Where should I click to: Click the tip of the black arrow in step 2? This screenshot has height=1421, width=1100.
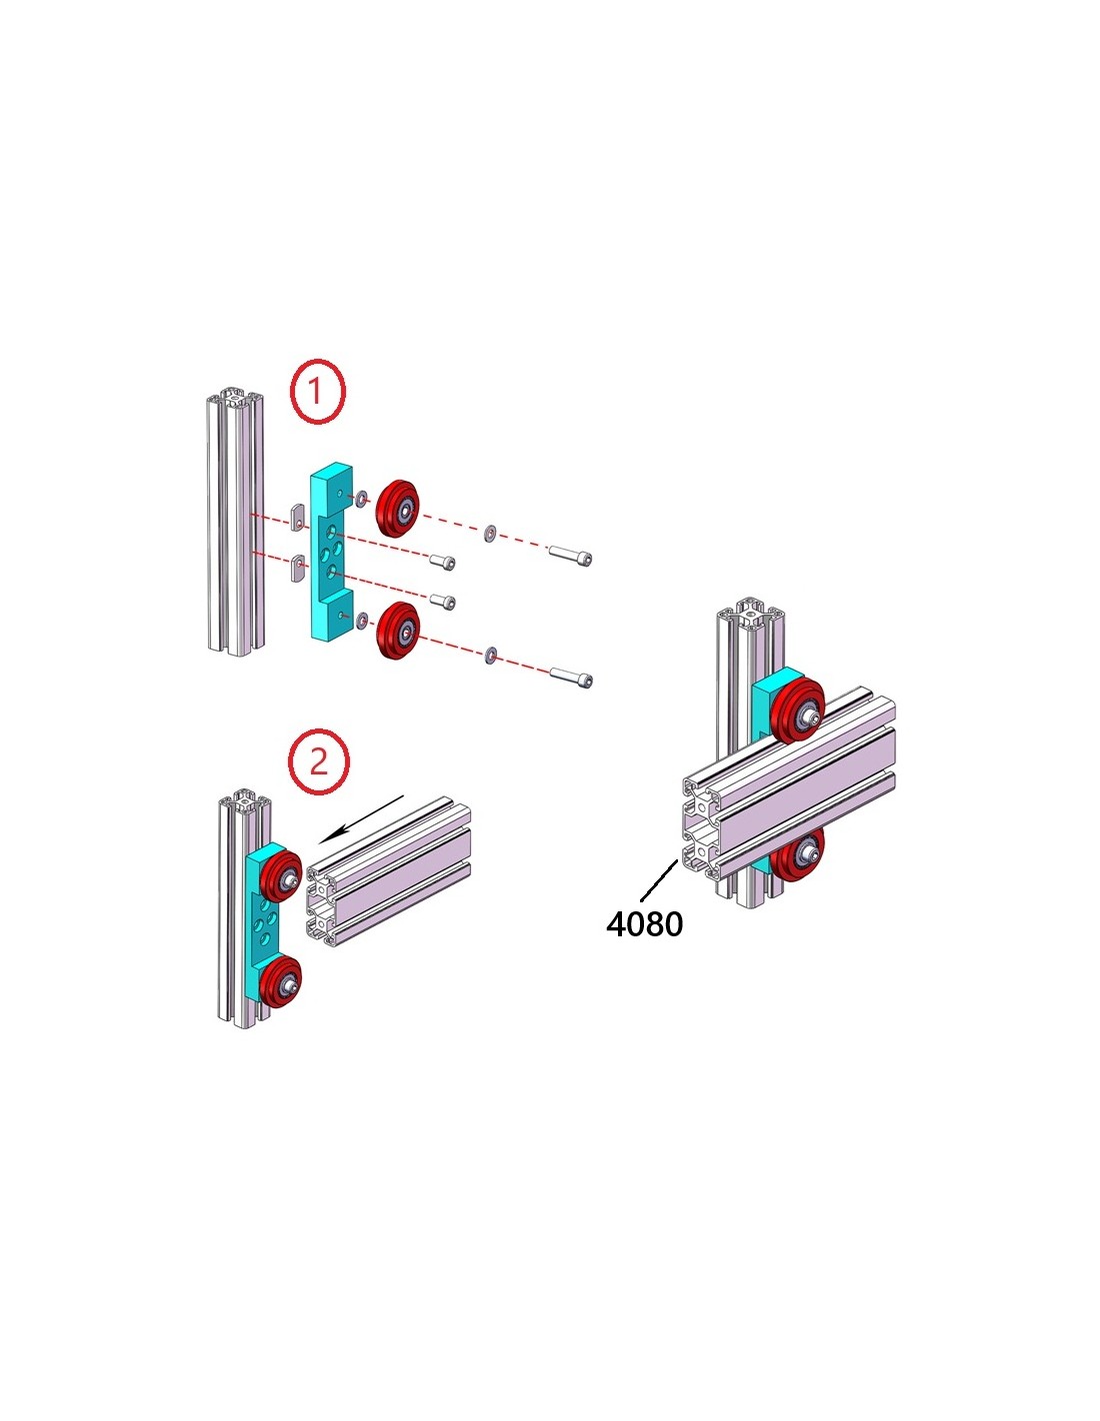point(326,839)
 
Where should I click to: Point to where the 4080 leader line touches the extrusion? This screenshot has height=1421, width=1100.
point(677,861)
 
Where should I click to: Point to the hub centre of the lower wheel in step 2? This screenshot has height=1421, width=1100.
point(289,1000)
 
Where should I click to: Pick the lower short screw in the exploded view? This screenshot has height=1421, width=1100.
point(442,602)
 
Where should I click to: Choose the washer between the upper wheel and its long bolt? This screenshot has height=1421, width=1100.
point(490,534)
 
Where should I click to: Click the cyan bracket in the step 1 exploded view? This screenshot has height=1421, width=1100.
point(330,550)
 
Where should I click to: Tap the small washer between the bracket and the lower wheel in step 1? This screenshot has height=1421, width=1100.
point(361,618)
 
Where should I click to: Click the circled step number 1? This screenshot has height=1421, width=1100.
point(317,391)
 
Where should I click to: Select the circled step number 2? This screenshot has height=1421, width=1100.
point(319,761)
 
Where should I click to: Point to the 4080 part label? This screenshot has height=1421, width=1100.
point(645,924)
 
